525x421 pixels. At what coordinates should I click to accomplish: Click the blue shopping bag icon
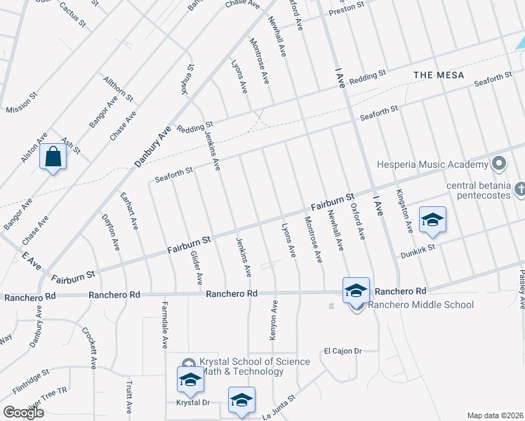(x=53, y=158)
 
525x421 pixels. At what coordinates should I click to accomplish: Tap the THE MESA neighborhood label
(x=439, y=74)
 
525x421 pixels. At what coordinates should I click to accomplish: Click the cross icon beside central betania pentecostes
(x=519, y=189)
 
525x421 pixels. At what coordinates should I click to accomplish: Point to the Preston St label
(x=347, y=9)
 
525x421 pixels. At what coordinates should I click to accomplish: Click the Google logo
(x=23, y=413)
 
